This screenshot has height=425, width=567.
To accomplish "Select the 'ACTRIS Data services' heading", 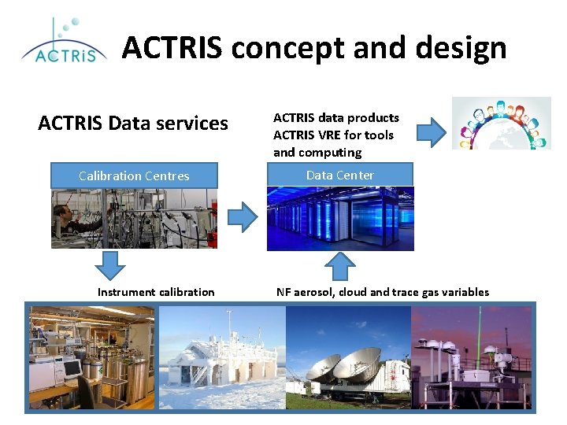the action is (133, 124).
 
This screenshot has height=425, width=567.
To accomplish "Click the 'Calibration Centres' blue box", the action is (134, 176).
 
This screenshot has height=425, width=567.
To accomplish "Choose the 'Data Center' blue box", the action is (339, 175).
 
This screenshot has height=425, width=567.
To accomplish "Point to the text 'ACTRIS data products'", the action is (336, 117).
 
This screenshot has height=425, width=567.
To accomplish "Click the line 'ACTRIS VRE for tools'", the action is (333, 135).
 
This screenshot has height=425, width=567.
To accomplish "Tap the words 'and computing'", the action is (317, 152).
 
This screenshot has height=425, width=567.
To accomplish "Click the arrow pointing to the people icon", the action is (430, 132).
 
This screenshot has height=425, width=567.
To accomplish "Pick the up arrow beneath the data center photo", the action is (339, 266).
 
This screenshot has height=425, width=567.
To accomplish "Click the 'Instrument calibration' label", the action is (156, 292).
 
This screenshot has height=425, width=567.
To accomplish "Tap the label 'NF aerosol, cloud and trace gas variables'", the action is (383, 292).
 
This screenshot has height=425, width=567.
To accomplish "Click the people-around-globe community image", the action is (501, 124).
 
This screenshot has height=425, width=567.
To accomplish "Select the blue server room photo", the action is (339, 218).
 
